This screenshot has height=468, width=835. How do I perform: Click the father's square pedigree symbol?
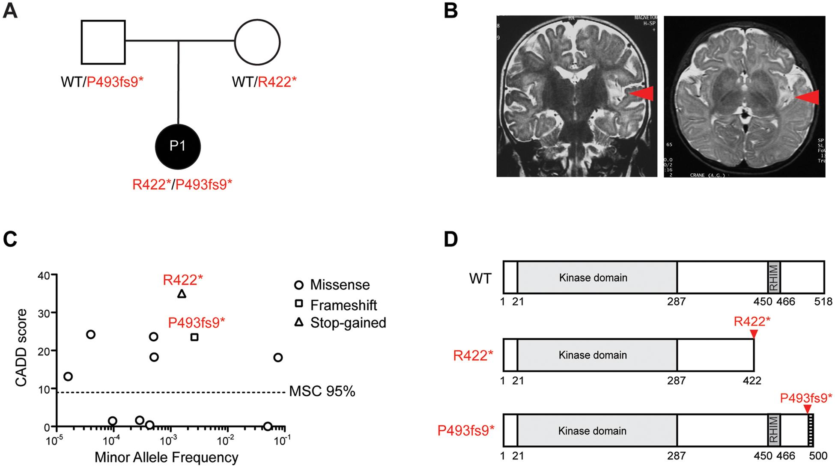click(103, 42)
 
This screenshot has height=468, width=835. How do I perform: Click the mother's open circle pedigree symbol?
click(257, 42)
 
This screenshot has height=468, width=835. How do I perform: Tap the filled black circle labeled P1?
click(177, 147)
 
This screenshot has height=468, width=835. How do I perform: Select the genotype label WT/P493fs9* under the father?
click(102, 82)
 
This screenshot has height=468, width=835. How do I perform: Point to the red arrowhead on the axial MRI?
click(807, 98)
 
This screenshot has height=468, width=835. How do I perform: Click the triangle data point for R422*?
click(182, 294)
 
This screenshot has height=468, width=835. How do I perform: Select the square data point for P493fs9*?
click(194, 337)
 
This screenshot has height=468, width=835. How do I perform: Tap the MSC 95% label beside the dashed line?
click(322, 391)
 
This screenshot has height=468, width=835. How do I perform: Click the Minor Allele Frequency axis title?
click(166, 457)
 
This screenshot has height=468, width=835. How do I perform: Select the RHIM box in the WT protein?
click(774, 277)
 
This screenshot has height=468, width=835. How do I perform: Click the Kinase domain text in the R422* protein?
click(593, 355)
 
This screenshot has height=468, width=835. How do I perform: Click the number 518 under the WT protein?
click(823, 302)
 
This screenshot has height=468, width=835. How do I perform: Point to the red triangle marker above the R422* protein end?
click(754, 334)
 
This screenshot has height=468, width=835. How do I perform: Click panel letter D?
click(450, 240)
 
